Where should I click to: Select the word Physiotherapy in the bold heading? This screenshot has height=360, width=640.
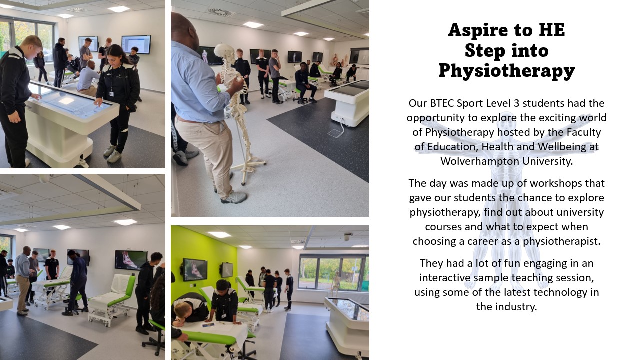pyautogui.click(x=507, y=71)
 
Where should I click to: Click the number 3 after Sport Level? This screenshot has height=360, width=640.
pyautogui.click(x=516, y=103)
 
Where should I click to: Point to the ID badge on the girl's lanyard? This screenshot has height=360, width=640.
pyautogui.click(x=111, y=94)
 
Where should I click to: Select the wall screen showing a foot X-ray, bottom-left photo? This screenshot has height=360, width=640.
pyautogui.click(x=131, y=260)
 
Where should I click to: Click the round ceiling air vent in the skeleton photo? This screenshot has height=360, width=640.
pyautogui.click(x=219, y=12)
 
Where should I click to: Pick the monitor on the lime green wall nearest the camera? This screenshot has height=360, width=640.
pyautogui.click(x=195, y=269)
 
